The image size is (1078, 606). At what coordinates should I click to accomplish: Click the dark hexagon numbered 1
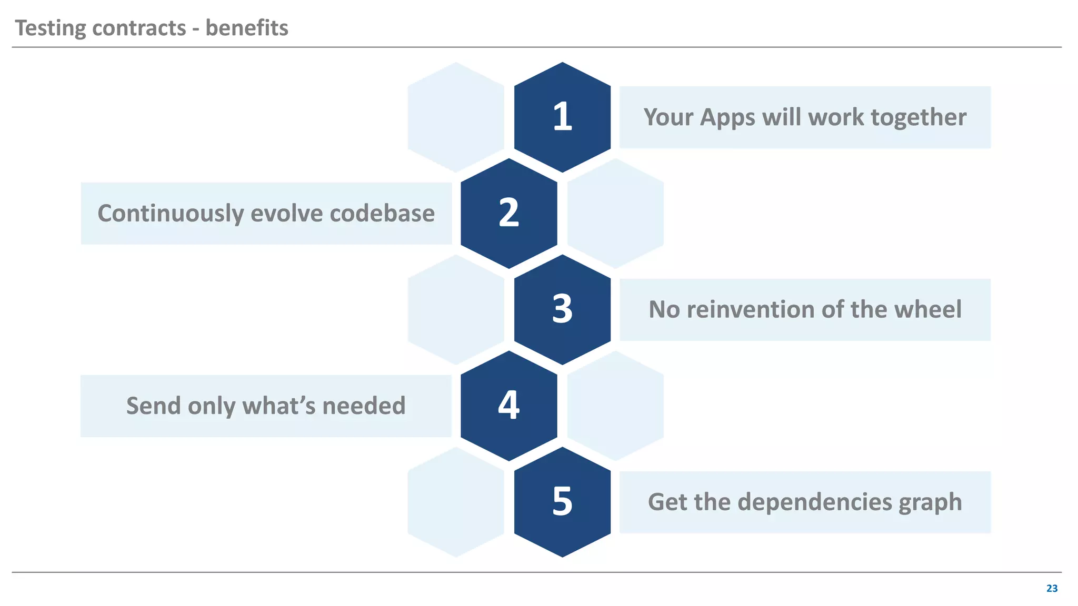562,117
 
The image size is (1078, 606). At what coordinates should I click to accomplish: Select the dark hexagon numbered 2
508,213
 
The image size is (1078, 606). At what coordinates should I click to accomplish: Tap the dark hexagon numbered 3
562,309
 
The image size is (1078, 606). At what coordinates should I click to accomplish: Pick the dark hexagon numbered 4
508,406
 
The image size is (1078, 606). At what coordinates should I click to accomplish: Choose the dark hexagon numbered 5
562,502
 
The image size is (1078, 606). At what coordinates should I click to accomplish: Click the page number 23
1052,588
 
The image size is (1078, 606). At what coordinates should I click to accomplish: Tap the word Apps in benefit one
727,118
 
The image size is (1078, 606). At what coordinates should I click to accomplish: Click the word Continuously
171,214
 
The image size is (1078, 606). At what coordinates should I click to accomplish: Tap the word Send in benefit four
153,406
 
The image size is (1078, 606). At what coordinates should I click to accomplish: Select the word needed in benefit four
364,406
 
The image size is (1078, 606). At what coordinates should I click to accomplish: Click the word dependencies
814,502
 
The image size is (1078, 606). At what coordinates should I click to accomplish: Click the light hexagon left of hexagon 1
456,117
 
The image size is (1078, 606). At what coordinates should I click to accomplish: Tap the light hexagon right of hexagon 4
615,406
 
